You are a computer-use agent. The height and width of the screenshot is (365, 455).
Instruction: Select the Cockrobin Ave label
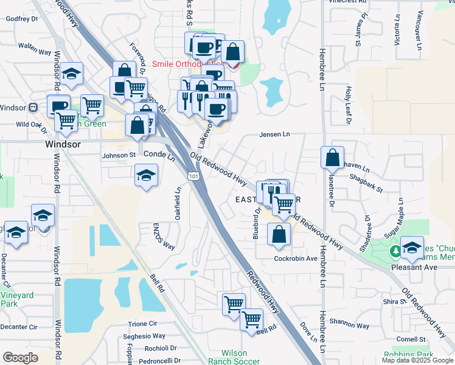coord(296,259)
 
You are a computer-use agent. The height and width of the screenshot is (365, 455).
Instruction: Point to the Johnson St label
coord(119,155)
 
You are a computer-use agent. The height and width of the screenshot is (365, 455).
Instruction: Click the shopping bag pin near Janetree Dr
coord(333,158)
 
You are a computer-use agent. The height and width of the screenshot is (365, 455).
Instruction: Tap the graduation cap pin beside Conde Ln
coord(146,176)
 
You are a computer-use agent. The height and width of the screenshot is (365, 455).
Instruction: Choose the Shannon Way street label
coord(349,325)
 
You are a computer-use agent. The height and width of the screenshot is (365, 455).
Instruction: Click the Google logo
coord(20,358)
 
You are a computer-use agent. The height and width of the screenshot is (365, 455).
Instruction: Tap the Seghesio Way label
coord(144,336)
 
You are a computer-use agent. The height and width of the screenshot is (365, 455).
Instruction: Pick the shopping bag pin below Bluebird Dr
coord(279,235)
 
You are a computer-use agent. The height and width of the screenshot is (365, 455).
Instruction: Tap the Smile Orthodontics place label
coord(187,64)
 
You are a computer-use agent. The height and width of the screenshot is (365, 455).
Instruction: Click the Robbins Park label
coord(408,354)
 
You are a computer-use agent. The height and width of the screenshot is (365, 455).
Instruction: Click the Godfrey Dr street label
coord(21,19)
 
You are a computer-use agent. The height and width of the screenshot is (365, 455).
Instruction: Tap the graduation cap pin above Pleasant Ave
coord(412,247)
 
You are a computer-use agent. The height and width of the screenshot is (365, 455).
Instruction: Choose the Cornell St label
coord(410,339)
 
